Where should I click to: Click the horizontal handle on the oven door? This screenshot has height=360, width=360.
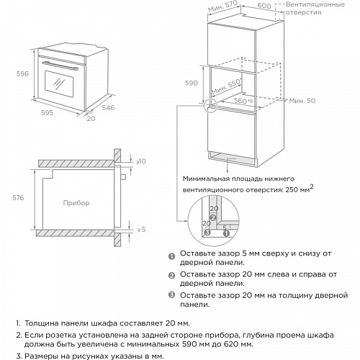tap(61, 65)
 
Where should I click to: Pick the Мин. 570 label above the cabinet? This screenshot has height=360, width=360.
tap(223, 8)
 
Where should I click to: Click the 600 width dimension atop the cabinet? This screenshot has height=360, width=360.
tap(264, 6)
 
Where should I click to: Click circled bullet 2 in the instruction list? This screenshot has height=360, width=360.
tap(171, 276)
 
